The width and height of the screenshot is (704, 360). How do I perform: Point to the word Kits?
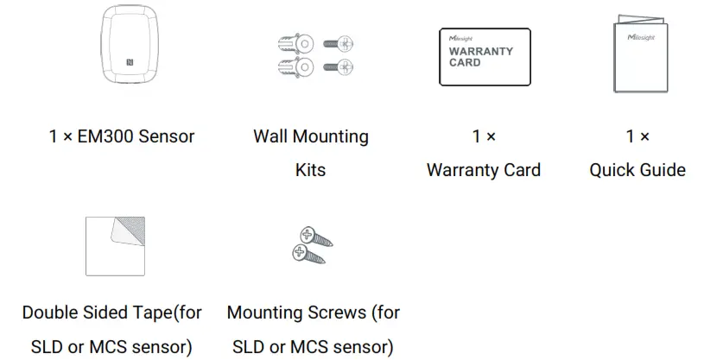[310, 169]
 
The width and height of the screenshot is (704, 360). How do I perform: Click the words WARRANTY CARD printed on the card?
[480, 56]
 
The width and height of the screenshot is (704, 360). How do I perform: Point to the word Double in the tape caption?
[52, 313]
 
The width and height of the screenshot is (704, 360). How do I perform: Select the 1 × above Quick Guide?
[637, 136]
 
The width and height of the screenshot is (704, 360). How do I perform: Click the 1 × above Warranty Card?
[484, 136]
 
